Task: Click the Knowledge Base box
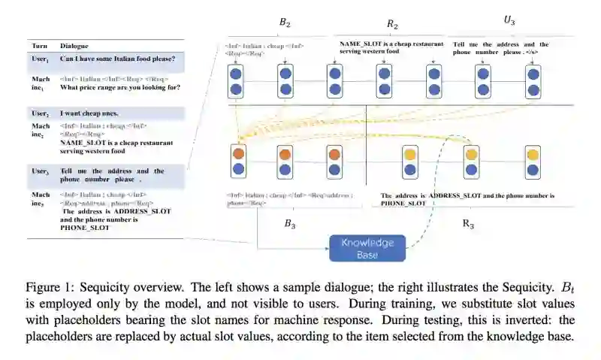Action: pos(367,248)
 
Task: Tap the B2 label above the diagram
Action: pos(285,23)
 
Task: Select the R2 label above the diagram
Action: pos(392,25)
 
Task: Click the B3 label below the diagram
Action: pos(290,224)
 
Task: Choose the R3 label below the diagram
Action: pos(467,224)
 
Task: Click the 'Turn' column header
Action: pos(40,46)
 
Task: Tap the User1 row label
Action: pos(40,58)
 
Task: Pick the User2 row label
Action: pos(40,113)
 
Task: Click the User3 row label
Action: pos(40,171)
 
